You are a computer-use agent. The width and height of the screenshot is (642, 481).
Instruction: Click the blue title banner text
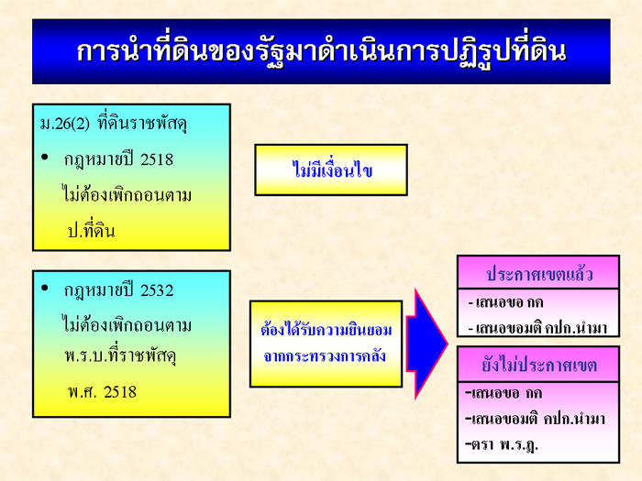(x=321, y=52)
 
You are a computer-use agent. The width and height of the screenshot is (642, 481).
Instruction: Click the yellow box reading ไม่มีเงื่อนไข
(x=331, y=169)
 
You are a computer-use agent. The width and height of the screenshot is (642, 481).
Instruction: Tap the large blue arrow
(x=426, y=344)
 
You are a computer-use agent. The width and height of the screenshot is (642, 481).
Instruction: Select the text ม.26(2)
(x=65, y=124)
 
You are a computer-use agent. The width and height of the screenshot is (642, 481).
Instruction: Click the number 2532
(x=157, y=290)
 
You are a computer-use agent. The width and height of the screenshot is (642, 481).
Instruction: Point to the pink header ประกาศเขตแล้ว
(x=538, y=273)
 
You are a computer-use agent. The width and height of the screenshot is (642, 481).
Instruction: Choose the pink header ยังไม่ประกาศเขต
(x=538, y=365)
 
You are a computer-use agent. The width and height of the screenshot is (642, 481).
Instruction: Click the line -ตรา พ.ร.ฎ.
(x=502, y=443)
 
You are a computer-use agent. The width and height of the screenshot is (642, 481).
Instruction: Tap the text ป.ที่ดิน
(x=91, y=231)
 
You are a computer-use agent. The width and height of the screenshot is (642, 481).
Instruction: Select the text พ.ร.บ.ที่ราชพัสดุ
(x=120, y=355)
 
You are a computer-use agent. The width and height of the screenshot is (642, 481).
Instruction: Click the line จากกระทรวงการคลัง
(x=325, y=355)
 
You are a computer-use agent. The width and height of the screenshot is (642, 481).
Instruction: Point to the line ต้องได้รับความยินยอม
(x=327, y=329)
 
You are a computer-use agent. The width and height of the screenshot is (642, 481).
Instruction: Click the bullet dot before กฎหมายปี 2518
(x=45, y=157)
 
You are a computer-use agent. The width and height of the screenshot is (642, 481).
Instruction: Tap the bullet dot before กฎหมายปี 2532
(x=45, y=288)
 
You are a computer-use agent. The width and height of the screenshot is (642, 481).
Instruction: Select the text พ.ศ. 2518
(x=103, y=392)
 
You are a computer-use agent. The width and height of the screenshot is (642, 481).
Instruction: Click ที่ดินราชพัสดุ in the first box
(x=142, y=124)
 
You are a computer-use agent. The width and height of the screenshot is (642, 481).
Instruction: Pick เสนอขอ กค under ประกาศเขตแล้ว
(x=506, y=302)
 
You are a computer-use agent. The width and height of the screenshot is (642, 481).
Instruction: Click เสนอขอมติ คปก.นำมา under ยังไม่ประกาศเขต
(x=535, y=419)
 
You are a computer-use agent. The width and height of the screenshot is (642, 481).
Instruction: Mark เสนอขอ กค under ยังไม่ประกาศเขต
(x=504, y=393)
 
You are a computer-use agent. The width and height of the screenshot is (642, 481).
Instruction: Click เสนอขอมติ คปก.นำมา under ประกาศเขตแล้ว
(x=537, y=328)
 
